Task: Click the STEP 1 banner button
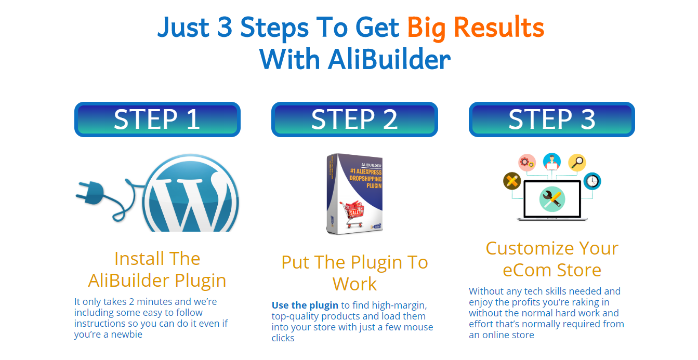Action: pyautogui.click(x=157, y=119)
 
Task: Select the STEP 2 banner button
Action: pyautogui.click(x=354, y=119)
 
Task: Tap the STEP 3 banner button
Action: pyautogui.click(x=551, y=119)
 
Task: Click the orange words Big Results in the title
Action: pyautogui.click(x=475, y=28)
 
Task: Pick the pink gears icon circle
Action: pyautogui.click(x=527, y=162)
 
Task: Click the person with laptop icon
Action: pyautogui.click(x=552, y=162)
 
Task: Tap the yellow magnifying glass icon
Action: pyautogui.click(x=577, y=162)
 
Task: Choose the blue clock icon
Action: pyautogui.click(x=592, y=181)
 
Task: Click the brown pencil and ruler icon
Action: pyautogui.click(x=512, y=181)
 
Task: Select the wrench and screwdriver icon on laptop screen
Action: pyautogui.click(x=551, y=199)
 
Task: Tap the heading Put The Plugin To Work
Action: pyautogui.click(x=354, y=273)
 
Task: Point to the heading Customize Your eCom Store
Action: pyautogui.click(x=551, y=259)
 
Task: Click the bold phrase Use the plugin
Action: pyautogui.click(x=305, y=305)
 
